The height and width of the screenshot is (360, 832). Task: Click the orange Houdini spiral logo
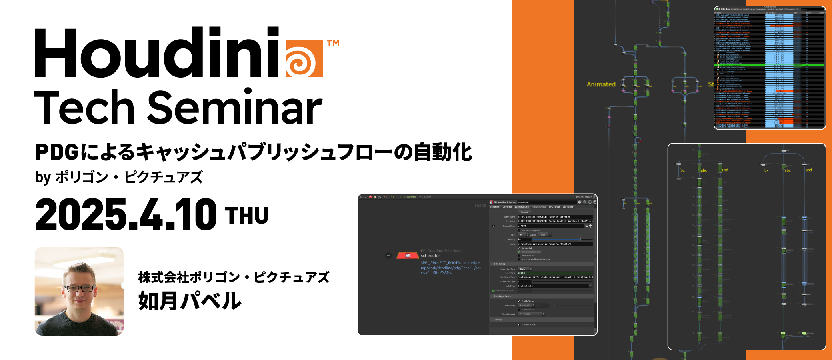click(x=304, y=58)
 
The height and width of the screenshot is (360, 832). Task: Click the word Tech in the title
click(x=84, y=108)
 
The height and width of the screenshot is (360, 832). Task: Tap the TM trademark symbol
click(x=333, y=43)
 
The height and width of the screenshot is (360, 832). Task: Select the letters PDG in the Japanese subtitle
click(x=57, y=152)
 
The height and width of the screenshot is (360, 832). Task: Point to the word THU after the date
click(x=247, y=216)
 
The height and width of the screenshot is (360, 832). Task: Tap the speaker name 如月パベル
click(x=190, y=301)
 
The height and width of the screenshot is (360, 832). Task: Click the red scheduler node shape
click(x=407, y=256)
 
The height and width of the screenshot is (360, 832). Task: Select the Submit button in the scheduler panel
click(x=524, y=212)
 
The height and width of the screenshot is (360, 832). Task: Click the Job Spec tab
click(x=508, y=207)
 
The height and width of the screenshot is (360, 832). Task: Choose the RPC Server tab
click(x=554, y=207)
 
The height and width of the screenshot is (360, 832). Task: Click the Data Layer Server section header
click(x=503, y=296)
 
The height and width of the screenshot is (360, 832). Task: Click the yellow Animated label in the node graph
click(x=601, y=84)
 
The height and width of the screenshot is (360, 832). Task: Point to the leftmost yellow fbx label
click(x=682, y=170)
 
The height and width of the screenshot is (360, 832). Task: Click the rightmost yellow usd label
click(x=809, y=170)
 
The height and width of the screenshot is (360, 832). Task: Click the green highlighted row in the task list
click(x=768, y=65)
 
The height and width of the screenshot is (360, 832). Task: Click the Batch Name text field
click(x=554, y=217)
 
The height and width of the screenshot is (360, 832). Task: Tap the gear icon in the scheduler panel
click(x=580, y=202)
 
